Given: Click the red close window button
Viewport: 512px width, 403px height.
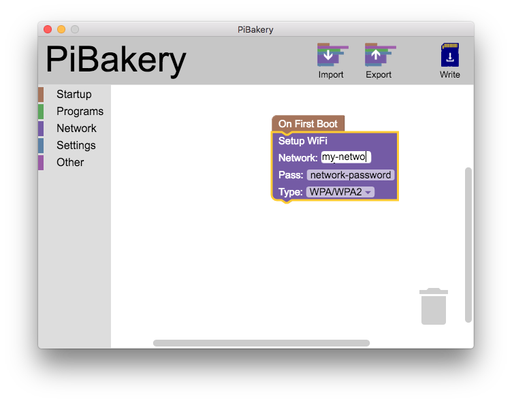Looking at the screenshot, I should [x=48, y=29].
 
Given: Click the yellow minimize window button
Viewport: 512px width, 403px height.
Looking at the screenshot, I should [x=61, y=29].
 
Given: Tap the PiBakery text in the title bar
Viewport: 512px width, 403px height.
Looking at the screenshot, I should [x=255, y=29].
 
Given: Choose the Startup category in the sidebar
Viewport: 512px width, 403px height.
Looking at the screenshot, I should [x=74, y=95].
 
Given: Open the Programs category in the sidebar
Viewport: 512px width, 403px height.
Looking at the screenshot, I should [x=80, y=112].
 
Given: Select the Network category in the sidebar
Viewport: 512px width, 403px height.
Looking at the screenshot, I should [x=76, y=129].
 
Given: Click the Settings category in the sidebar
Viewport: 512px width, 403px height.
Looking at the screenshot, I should [x=76, y=146].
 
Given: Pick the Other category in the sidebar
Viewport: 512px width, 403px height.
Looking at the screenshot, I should [x=70, y=163].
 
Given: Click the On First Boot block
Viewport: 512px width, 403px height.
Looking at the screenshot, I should [x=308, y=124].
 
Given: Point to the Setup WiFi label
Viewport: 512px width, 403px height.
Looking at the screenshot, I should [x=303, y=141].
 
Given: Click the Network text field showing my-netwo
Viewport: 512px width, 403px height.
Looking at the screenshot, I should [x=346, y=157].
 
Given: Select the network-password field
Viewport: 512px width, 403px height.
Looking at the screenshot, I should [x=351, y=175].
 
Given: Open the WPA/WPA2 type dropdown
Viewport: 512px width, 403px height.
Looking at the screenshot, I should [x=340, y=192].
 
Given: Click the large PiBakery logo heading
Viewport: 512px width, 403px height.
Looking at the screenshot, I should [x=116, y=60].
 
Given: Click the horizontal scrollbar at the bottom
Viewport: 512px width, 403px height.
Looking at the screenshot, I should [x=261, y=343].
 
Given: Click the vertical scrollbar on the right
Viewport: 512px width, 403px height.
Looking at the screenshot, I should [x=468, y=245].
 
